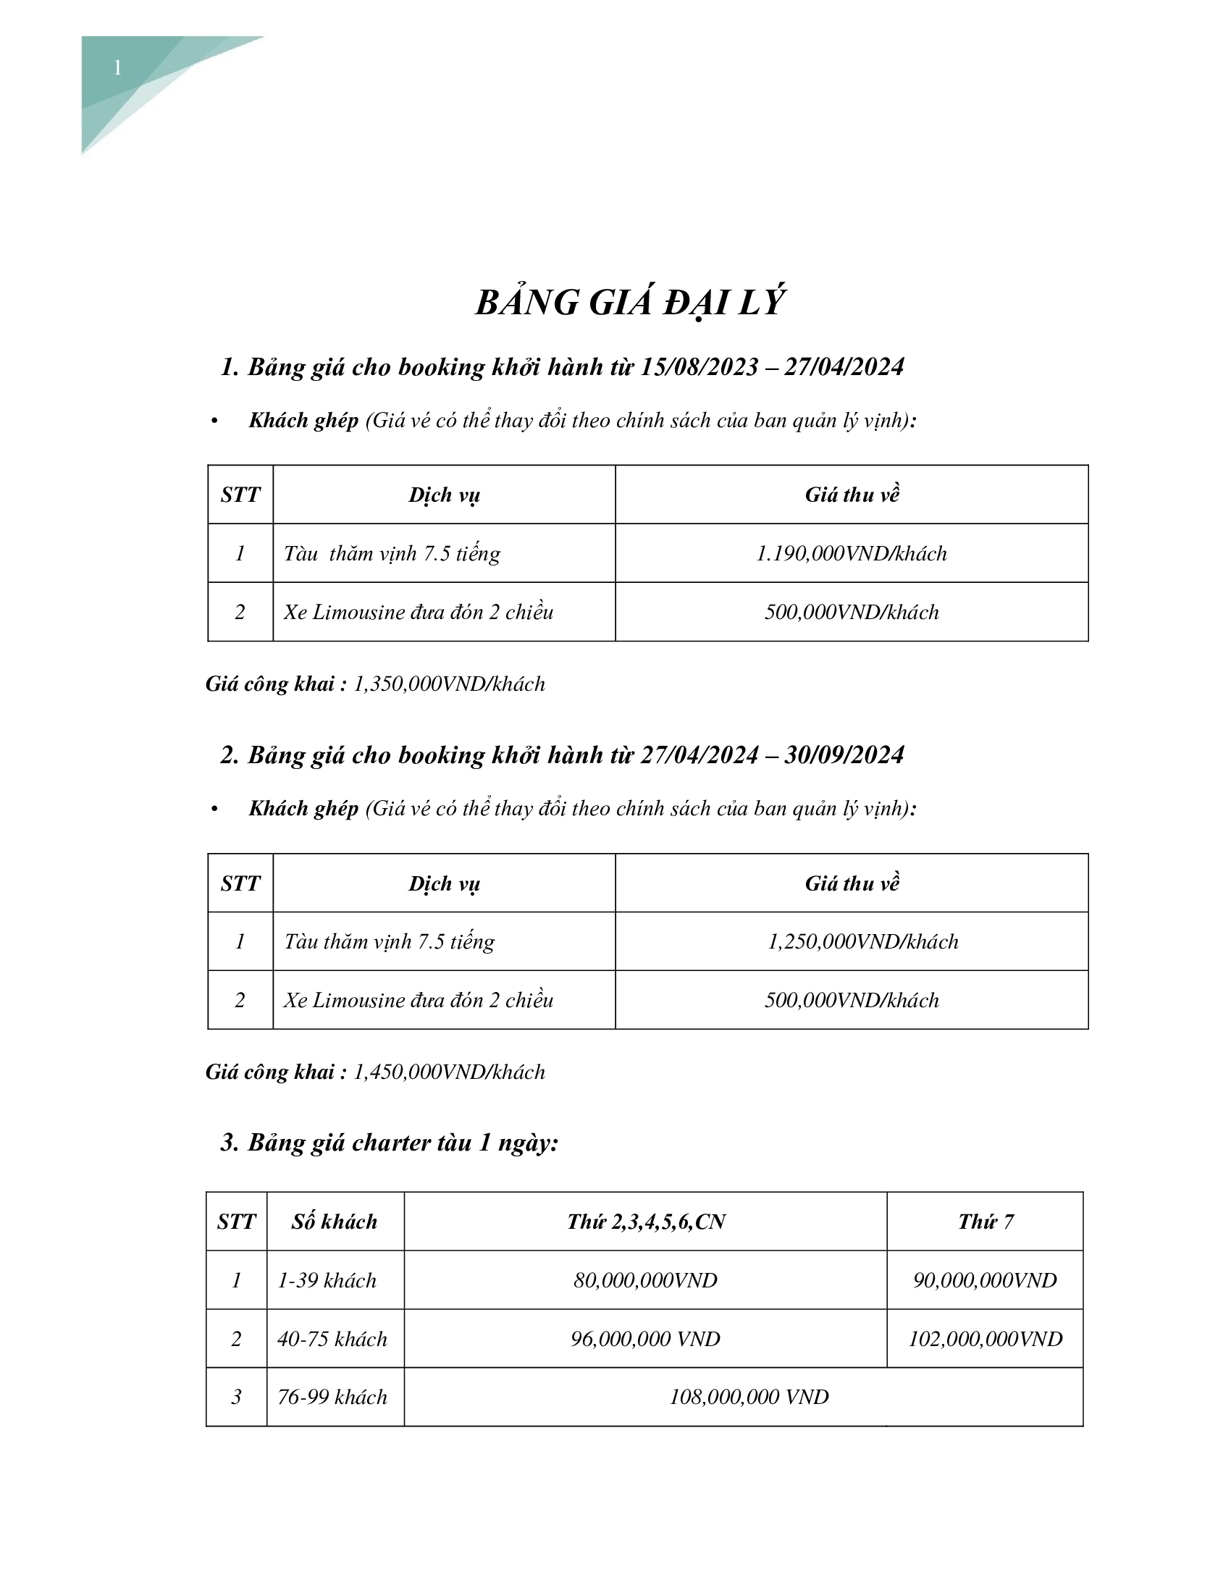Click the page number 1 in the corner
[117, 69]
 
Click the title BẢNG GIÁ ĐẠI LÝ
[629, 303]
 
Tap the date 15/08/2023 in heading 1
[699, 367]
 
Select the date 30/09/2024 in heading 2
[844, 755]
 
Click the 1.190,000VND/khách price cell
[851, 554]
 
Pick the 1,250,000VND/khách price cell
[862, 941]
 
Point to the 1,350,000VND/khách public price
[448, 684]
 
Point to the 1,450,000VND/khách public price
[448, 1072]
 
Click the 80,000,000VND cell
[644, 1280]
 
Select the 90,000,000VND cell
[985, 1280]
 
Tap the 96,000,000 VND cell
[644, 1338]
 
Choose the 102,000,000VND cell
[985, 1338]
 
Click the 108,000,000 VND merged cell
[749, 1397]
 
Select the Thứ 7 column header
[985, 1222]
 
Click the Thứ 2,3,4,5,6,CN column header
[645, 1222]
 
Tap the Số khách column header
[335, 1222]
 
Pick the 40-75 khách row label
[332, 1338]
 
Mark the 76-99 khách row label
[332, 1397]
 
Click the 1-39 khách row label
[327, 1280]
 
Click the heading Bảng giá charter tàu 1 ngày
[403, 1143]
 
